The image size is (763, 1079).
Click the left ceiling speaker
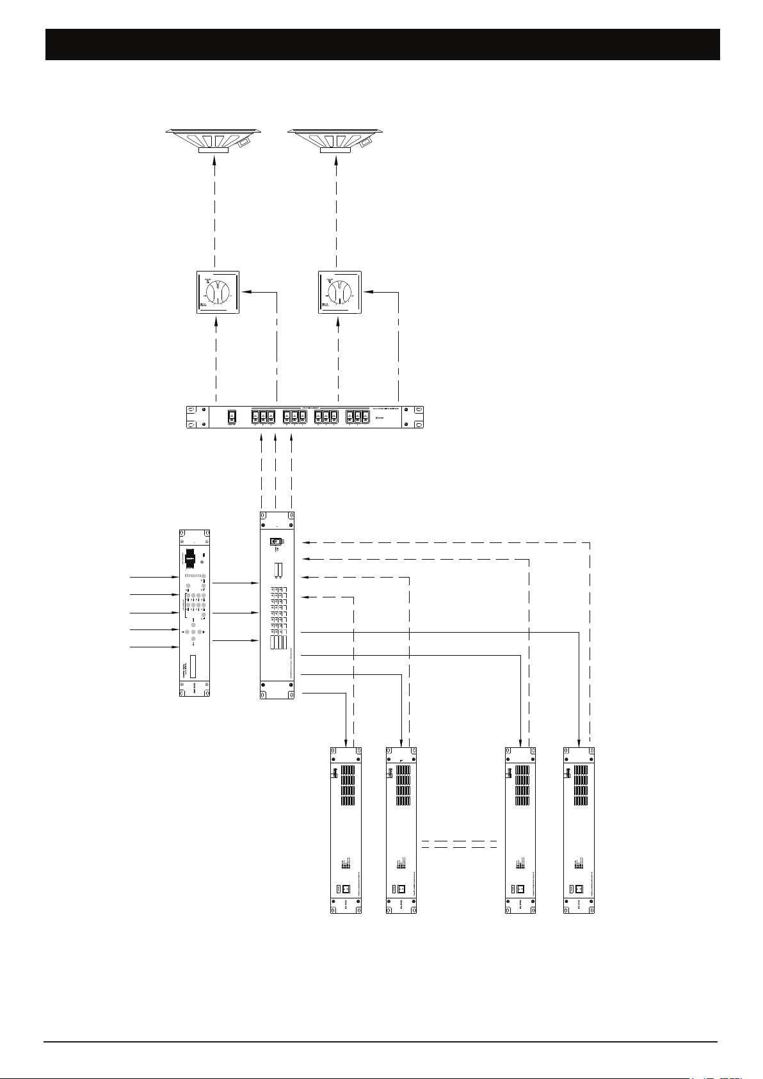[214, 140]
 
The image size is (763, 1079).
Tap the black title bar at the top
[382, 44]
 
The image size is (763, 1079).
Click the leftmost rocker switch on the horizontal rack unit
[232, 417]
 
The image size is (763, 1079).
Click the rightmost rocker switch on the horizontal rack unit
[365, 417]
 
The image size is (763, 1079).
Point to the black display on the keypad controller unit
[189, 558]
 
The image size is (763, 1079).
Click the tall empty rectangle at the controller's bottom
[195, 668]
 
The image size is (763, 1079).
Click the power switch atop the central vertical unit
[277, 542]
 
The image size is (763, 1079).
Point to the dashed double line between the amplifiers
[460, 843]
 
